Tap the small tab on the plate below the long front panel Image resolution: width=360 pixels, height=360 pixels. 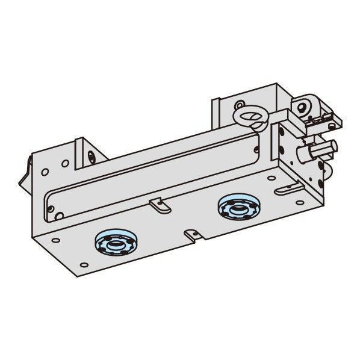(158, 205)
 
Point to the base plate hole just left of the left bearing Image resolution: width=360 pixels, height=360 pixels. (82, 239)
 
